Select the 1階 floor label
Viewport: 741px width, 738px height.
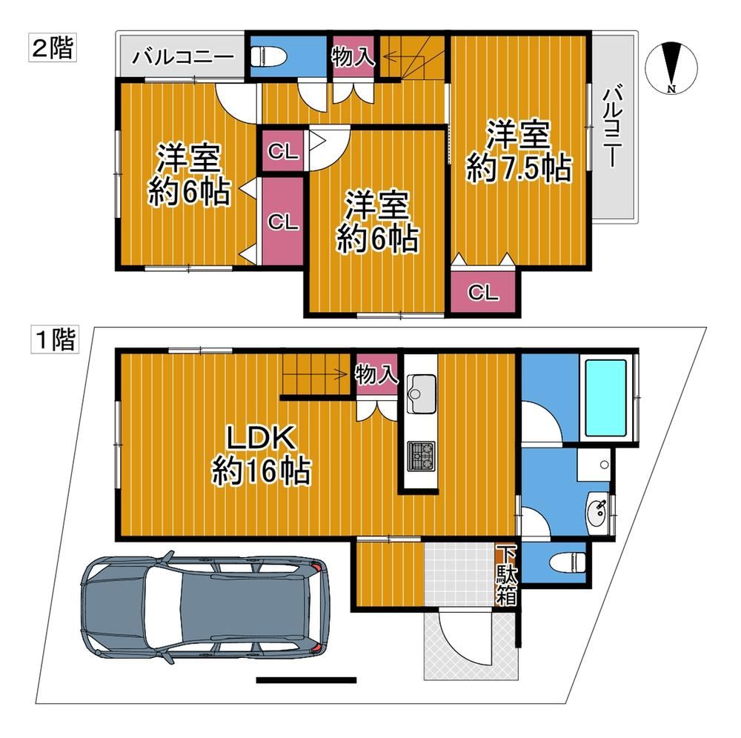[55, 339]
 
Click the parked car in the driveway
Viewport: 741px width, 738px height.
[205, 607]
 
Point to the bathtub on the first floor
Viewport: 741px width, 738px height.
[606, 398]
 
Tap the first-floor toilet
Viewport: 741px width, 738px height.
[568, 562]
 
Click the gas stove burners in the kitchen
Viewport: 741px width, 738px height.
[421, 456]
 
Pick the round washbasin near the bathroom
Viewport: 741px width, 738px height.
[598, 511]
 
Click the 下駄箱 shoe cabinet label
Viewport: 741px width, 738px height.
[506, 576]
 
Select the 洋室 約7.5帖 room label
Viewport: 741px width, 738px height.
[519, 151]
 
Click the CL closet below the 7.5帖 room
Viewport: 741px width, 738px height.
[483, 293]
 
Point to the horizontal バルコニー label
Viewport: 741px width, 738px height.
[182, 58]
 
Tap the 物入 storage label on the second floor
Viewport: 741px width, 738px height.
[353, 57]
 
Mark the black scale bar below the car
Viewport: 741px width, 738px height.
[306, 680]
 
